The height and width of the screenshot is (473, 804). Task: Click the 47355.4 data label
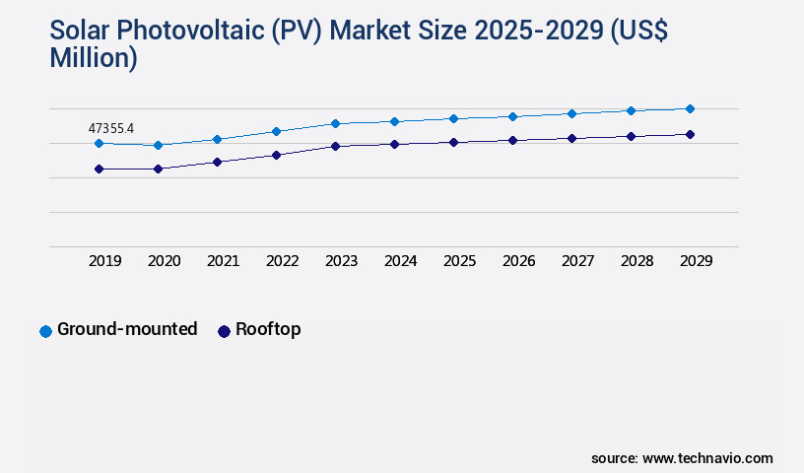tap(110, 128)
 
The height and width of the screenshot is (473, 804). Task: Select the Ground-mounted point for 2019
tap(99, 143)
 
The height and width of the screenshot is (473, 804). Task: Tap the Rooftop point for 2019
tap(99, 169)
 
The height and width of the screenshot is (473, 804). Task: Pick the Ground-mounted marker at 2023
tap(335, 123)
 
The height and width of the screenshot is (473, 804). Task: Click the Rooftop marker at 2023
tap(335, 146)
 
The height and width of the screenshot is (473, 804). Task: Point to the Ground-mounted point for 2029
tap(690, 108)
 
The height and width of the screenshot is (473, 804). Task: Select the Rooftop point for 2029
tap(690, 134)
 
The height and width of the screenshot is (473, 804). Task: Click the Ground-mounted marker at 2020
tap(158, 145)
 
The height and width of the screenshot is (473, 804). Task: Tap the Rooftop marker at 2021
tap(217, 162)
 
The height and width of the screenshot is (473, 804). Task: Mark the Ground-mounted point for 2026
tap(512, 116)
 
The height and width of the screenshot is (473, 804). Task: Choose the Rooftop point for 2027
tap(571, 138)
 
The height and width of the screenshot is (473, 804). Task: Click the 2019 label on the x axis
tap(105, 261)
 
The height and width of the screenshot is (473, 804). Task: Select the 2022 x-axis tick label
tap(283, 261)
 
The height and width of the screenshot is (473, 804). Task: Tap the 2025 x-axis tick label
tap(460, 261)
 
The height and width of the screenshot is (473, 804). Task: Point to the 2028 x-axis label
tap(637, 261)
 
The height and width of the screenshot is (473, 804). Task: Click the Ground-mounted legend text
tap(127, 329)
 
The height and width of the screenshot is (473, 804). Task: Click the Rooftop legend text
tap(268, 329)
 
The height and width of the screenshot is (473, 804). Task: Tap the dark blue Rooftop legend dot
tap(224, 331)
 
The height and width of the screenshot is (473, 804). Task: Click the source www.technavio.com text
tap(682, 458)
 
